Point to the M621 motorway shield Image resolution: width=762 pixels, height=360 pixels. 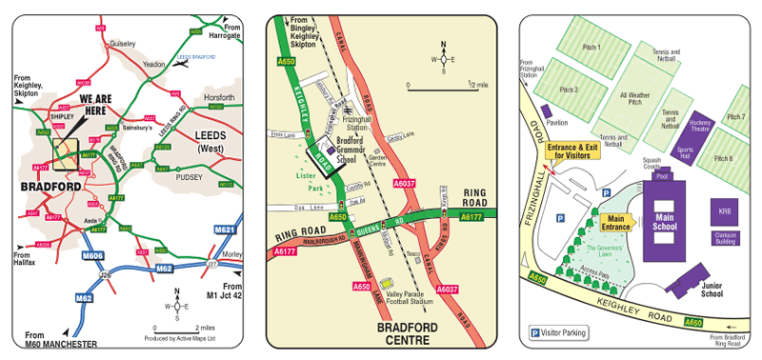(x=225, y=230)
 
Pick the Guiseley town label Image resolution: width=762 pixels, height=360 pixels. (x=123, y=43)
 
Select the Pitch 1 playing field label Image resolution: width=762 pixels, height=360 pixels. (x=592, y=47)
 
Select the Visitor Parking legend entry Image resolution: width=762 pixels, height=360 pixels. (x=557, y=332)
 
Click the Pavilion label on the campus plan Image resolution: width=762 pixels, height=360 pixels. (x=557, y=123)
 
